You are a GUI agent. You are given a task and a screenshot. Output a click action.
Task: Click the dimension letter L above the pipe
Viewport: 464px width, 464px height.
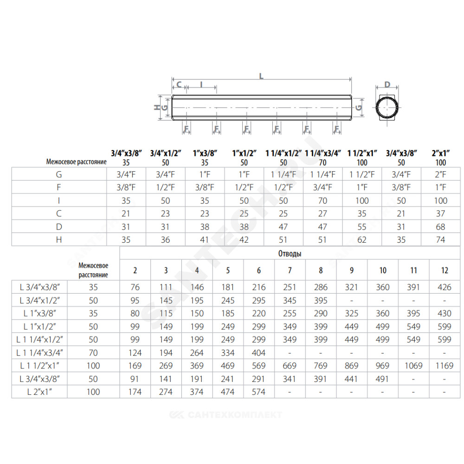click(261, 77)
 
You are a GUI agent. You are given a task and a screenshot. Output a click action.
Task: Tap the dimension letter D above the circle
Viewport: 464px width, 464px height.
click(387, 84)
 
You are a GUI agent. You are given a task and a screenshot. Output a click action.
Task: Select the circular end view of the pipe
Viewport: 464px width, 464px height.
click(387, 108)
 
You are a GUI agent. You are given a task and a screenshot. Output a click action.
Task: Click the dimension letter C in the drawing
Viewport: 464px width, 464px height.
click(179, 84)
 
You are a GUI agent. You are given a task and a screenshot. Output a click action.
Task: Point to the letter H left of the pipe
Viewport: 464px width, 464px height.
click(157, 108)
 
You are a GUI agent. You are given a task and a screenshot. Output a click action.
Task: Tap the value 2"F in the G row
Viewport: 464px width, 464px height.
click(441, 174)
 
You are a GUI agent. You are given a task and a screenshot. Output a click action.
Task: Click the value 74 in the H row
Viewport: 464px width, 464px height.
click(441, 240)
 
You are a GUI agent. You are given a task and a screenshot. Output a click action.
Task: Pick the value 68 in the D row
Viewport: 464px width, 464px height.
click(441, 227)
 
